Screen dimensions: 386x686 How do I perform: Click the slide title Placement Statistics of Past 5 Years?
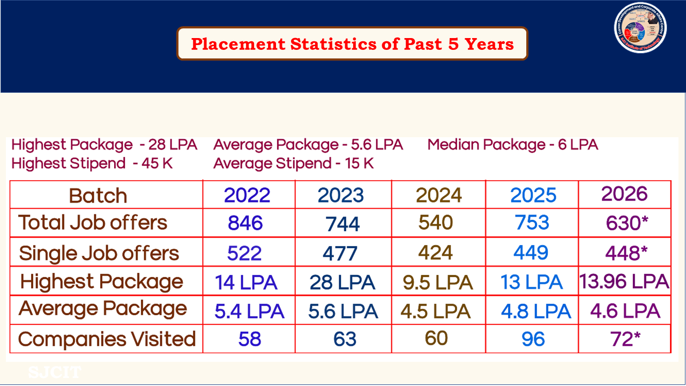pyautogui.click(x=352, y=43)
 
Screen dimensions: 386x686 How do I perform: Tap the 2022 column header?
pyautogui.click(x=247, y=195)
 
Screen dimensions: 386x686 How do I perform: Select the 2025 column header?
pyautogui.click(x=533, y=195)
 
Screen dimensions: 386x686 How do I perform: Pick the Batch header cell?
pyautogui.click(x=98, y=196)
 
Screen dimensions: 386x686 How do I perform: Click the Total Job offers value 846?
pyautogui.click(x=245, y=223)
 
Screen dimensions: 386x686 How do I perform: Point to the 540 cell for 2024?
pyautogui.click(x=436, y=222)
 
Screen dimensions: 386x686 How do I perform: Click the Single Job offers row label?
pyautogui.click(x=99, y=253)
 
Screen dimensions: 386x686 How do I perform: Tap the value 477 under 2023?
pyautogui.click(x=340, y=253)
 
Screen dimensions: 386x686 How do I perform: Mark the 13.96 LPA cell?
pyautogui.click(x=624, y=281)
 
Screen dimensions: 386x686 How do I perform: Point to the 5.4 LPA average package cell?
pyautogui.click(x=249, y=311)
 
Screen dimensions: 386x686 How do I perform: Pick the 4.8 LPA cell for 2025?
pyautogui.click(x=535, y=311)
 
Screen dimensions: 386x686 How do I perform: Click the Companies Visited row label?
pyautogui.click(x=107, y=339)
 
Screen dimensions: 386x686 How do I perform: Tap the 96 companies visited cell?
pyautogui.click(x=533, y=339)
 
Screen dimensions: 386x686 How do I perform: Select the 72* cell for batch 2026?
pyautogui.click(x=624, y=339)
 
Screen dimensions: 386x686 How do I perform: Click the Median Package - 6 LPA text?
pyautogui.click(x=513, y=145)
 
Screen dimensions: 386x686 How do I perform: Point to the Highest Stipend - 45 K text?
pyautogui.click(x=92, y=164)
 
